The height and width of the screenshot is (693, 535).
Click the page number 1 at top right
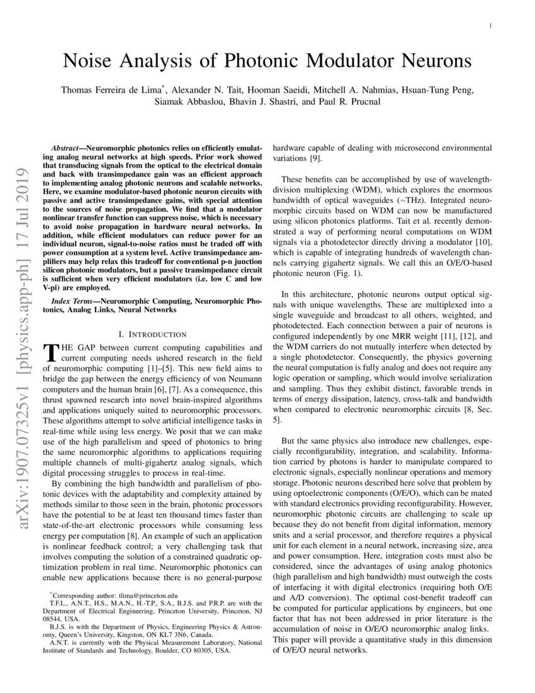click(x=490, y=26)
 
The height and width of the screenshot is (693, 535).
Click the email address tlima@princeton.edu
click(x=150, y=595)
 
